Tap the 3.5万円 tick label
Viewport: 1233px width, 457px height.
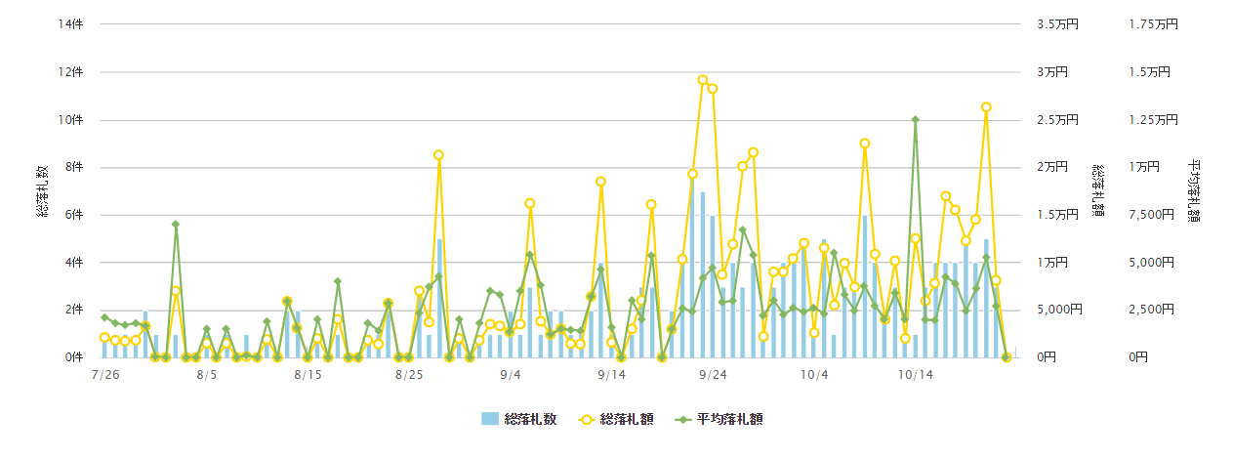coord(1058,24)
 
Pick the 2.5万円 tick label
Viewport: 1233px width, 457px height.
coord(1058,120)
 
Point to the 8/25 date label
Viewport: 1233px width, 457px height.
coord(409,374)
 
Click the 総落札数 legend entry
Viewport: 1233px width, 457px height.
coord(519,419)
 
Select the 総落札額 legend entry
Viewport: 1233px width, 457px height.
coord(613,419)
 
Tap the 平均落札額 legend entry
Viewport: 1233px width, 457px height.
coord(719,419)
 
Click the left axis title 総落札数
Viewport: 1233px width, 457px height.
coord(44,191)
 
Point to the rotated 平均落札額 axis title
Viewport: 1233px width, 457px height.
coord(1194,191)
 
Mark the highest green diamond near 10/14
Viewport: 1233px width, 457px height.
coord(915,120)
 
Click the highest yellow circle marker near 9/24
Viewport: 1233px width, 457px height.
coord(703,80)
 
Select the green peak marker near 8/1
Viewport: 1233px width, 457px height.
coord(176,225)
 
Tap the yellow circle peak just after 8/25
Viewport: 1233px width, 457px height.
coord(439,155)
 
